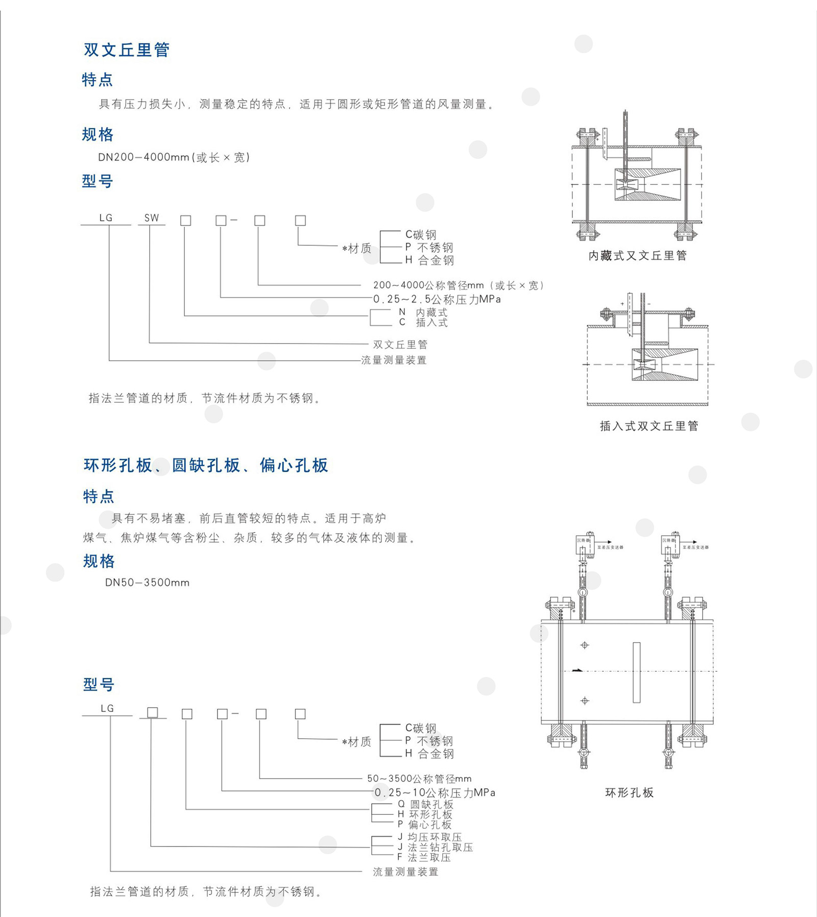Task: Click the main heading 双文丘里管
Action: pyautogui.click(x=127, y=50)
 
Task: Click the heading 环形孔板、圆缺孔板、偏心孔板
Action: pyautogui.click(x=205, y=465)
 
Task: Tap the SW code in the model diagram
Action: pyautogui.click(x=152, y=218)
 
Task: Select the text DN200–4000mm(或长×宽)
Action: pyautogui.click(x=174, y=157)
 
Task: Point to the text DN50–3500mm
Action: pyautogui.click(x=147, y=582)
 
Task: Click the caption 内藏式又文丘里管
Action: pyautogui.click(x=637, y=255)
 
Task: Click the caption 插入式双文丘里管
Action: pyautogui.click(x=648, y=426)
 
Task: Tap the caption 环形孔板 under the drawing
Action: pyautogui.click(x=629, y=793)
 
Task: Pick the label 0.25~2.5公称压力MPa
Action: pyautogui.click(x=437, y=299)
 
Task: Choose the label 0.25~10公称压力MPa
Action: pyautogui.click(x=435, y=792)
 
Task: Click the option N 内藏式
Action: pyautogui.click(x=423, y=312)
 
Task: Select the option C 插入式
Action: pyautogui.click(x=423, y=322)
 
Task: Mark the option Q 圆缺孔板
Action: pyautogui.click(x=425, y=804)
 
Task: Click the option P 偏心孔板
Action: pyautogui.click(x=425, y=825)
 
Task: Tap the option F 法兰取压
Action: pyautogui.click(x=424, y=857)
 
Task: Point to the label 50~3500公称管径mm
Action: pyautogui.click(x=419, y=779)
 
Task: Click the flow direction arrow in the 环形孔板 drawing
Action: pyautogui.click(x=578, y=670)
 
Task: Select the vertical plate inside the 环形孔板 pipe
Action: pyautogui.click(x=636, y=672)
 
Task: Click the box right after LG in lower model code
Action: pyautogui.click(x=152, y=713)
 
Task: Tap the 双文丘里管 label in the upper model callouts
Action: pyautogui.click(x=400, y=345)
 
